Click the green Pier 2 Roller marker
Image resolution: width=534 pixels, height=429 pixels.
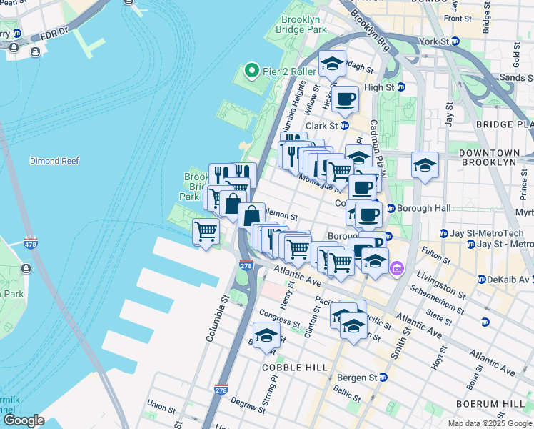pyautogui.click(x=251, y=70)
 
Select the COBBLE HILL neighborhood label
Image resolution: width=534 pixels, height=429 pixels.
pyautogui.click(x=294, y=368)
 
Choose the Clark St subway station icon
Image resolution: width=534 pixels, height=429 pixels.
pyautogui.click(x=344, y=126)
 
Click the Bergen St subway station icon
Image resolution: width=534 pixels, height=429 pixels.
pyautogui.click(x=383, y=377)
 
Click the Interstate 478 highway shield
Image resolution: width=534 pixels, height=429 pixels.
pyautogui.click(x=30, y=243)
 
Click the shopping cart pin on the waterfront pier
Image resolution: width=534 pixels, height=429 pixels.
pyautogui.click(x=206, y=231)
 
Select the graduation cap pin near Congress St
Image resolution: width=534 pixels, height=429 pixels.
pyautogui.click(x=266, y=335)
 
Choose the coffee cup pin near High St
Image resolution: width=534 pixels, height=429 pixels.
pyautogui.click(x=345, y=99)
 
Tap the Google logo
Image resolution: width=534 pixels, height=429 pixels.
pyautogui.click(x=24, y=420)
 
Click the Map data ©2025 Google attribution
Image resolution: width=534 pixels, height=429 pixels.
pyautogui.click(x=490, y=423)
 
